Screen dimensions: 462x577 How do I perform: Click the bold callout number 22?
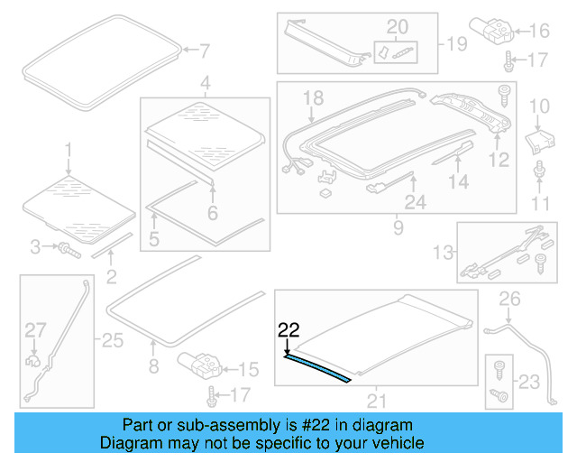point(288,329)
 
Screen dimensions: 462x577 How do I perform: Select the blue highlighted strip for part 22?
point(318,368)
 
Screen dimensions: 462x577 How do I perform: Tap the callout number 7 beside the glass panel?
point(203,51)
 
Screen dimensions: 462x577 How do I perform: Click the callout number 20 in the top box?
point(397,26)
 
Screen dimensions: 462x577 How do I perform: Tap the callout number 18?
point(312,97)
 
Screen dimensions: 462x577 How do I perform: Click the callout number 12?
point(499,162)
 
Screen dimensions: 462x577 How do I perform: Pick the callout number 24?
point(415,203)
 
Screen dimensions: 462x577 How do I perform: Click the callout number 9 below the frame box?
point(398,229)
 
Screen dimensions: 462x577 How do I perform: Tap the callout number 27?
point(33,331)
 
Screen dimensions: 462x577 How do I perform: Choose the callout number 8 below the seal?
point(153,366)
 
